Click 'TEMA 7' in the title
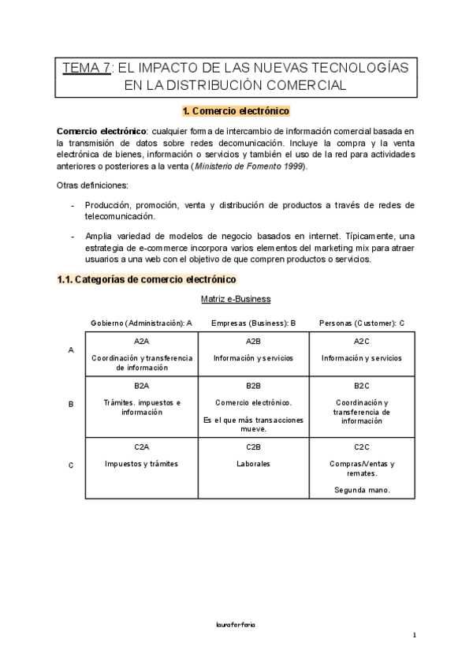[87, 69]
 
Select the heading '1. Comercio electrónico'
[236, 111]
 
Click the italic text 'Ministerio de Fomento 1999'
[249, 166]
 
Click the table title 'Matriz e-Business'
[236, 299]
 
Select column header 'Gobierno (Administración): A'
[142, 323]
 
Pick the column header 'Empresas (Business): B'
[253, 323]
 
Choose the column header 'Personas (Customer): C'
[361, 323]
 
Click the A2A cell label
[142, 341]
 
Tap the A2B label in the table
[253, 341]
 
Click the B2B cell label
[253, 386]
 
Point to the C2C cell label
[361, 447]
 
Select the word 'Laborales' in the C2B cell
[253, 464]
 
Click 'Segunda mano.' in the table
[361, 491]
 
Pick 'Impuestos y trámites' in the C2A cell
[142, 464]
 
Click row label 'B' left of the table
[71, 404]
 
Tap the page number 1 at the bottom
[414, 635]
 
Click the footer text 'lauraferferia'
[236, 623]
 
